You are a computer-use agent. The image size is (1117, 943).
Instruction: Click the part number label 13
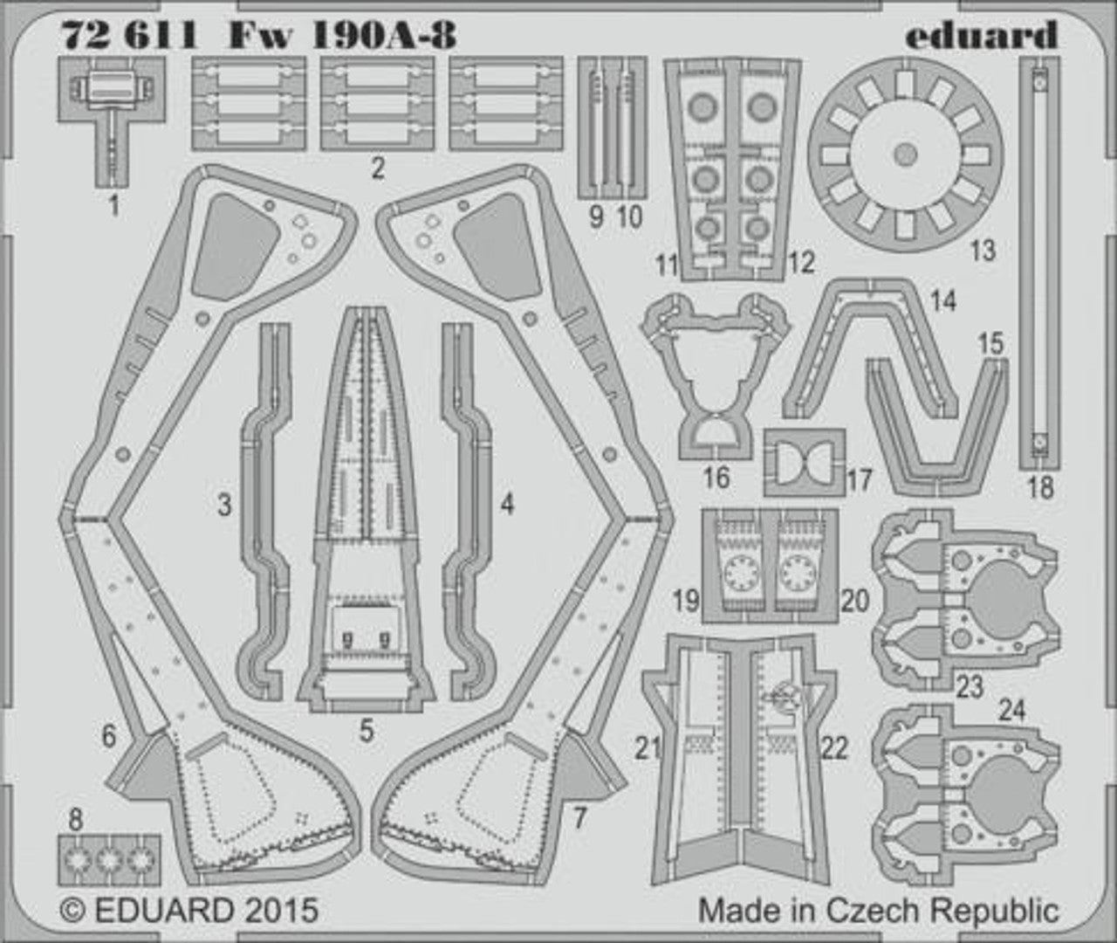pos(983,251)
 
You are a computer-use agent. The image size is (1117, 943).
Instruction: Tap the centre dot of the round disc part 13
pos(905,155)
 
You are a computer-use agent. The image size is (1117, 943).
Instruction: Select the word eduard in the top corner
pos(982,35)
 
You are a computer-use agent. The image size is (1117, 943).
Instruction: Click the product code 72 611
pos(129,36)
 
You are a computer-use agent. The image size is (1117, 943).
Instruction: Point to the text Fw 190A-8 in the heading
pos(342,36)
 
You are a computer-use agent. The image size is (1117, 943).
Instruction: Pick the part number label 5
pos(367,731)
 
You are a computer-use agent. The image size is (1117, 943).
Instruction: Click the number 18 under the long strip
pos(1040,488)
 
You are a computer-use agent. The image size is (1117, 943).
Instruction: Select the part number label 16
pos(716,478)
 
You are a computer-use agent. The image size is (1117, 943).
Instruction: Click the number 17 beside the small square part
pos(860,480)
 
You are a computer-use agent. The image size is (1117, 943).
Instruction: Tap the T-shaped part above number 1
pos(112,121)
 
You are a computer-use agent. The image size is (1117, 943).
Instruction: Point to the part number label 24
pos(1012,710)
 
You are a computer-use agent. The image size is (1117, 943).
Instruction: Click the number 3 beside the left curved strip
pos(224,505)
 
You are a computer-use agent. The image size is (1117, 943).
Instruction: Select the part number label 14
pos(943,301)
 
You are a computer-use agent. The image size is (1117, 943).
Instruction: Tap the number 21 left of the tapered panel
pos(648,748)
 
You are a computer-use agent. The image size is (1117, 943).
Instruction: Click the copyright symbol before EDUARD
pos(73,909)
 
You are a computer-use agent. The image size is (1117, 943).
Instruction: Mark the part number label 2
pos(378,169)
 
